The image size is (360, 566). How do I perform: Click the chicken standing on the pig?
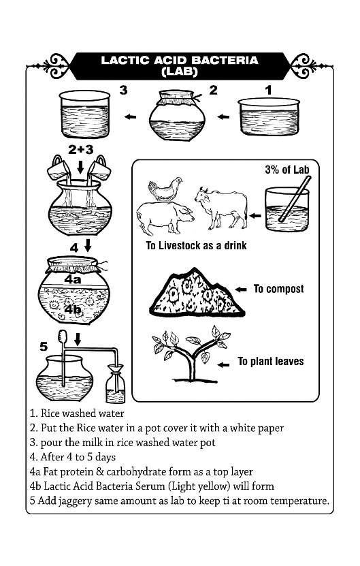[x=164, y=189]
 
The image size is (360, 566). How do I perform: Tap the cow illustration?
[x=221, y=208]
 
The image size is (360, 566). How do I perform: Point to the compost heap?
[x=197, y=292]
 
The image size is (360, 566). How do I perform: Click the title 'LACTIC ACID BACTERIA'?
[x=180, y=60]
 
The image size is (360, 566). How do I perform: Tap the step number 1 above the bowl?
[x=268, y=90]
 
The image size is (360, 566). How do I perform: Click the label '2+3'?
[x=81, y=149]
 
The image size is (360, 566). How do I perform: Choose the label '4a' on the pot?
[x=73, y=279]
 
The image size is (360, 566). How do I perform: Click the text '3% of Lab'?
[x=287, y=170]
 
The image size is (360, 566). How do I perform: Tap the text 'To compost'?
[x=278, y=289]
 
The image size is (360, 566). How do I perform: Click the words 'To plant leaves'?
[x=271, y=362]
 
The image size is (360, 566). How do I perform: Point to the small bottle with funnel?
[x=116, y=383]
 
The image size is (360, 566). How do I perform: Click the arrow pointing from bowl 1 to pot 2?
[x=224, y=116]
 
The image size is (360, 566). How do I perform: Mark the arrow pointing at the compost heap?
[x=241, y=289]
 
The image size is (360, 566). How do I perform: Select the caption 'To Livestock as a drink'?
[x=196, y=245]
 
